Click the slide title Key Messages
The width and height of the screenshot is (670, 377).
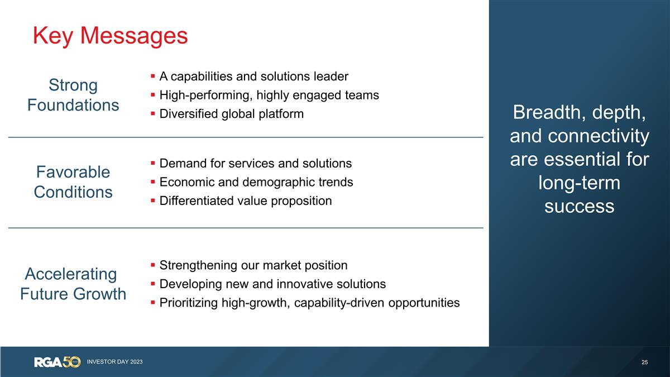(x=110, y=36)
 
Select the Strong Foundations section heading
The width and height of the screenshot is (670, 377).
(x=73, y=95)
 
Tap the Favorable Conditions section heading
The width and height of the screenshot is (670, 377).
(x=73, y=182)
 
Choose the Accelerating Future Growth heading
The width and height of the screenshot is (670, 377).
(x=73, y=284)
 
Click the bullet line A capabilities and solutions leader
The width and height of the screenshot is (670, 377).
(x=253, y=76)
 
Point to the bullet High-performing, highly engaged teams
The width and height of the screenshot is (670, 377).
(x=269, y=95)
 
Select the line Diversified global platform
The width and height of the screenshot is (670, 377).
(x=231, y=114)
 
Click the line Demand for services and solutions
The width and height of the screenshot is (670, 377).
(x=255, y=163)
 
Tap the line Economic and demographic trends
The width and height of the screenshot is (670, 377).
(x=256, y=182)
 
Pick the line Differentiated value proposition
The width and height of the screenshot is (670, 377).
(x=245, y=201)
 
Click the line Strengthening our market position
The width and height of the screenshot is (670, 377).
(x=253, y=265)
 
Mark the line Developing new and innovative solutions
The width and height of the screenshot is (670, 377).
(x=272, y=284)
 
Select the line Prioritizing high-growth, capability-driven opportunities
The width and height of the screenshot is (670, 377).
(x=309, y=303)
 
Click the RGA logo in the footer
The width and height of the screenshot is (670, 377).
(x=57, y=362)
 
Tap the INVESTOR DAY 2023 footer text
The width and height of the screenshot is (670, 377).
(x=114, y=362)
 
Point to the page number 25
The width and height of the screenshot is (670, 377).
(x=645, y=362)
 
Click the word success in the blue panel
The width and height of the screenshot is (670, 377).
(x=579, y=206)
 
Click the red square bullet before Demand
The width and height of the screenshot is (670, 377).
(x=152, y=164)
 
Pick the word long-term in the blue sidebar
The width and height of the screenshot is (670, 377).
(x=579, y=183)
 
